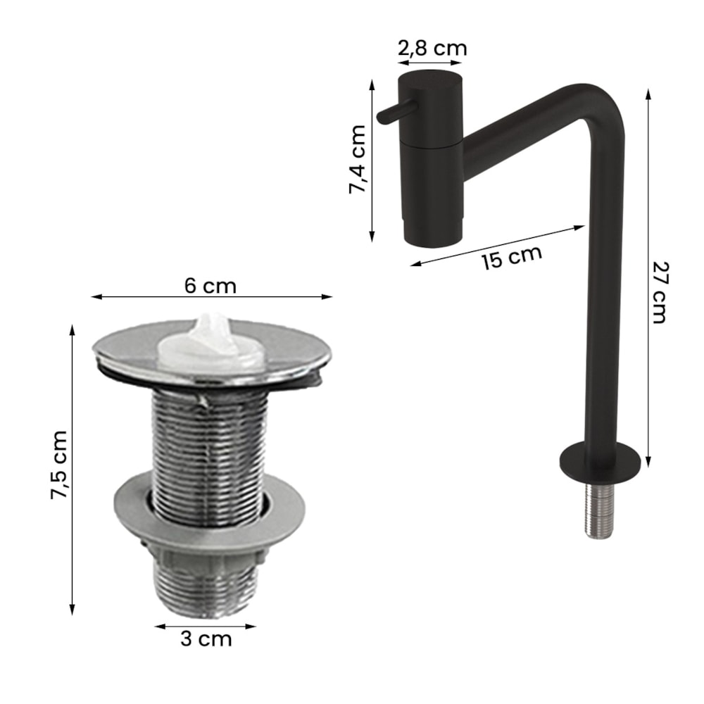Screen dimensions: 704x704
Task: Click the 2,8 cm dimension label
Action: (x=432, y=48)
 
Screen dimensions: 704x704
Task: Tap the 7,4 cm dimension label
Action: (x=358, y=159)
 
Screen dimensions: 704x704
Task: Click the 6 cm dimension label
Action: (x=210, y=286)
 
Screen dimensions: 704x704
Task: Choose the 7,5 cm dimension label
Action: (x=59, y=465)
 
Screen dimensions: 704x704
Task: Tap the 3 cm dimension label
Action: (x=206, y=639)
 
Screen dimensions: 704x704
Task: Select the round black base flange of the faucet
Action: (x=599, y=463)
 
